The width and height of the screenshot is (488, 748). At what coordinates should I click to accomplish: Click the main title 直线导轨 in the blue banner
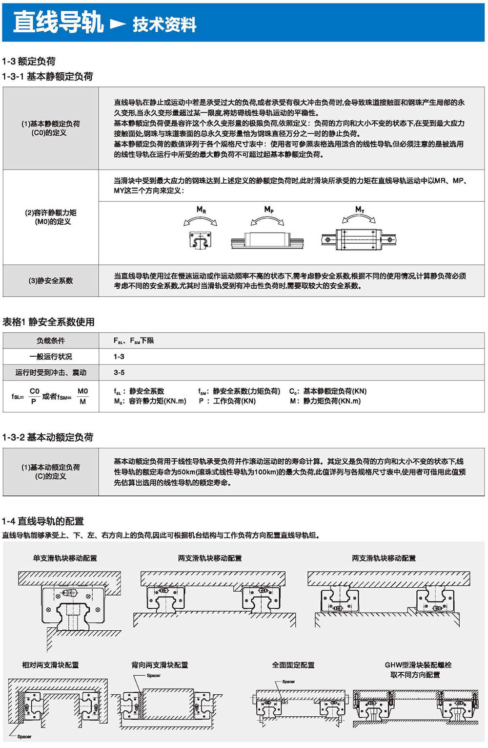pos(58,22)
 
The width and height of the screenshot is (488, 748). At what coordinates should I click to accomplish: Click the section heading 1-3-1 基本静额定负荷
pos(47,76)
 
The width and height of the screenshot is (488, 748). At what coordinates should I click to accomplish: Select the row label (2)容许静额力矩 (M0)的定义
pos(51,217)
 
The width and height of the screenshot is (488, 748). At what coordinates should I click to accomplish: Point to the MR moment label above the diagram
pos(201,210)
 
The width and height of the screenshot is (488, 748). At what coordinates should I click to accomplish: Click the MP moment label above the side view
pos(268,209)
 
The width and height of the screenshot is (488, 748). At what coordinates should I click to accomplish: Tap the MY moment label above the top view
pos(360,210)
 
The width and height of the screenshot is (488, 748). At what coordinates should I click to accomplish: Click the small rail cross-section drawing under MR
pos(201,239)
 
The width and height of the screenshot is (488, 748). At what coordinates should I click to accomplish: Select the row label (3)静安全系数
pos(51,280)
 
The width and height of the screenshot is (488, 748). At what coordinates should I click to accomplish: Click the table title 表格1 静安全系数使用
pos(48,321)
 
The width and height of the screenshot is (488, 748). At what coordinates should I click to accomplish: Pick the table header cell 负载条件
pos(51,341)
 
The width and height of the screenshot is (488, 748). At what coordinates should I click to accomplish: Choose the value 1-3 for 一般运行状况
pos(119,357)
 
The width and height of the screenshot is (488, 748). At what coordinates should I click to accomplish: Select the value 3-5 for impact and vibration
pos(119,372)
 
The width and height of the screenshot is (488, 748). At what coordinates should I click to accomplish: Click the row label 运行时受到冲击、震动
pos(51,372)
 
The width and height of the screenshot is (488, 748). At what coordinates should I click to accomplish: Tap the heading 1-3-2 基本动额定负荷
pos(47,437)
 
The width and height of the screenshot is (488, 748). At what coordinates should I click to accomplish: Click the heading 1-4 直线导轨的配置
pos(43,521)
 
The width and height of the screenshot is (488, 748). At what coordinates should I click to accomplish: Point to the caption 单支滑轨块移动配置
pos(65,558)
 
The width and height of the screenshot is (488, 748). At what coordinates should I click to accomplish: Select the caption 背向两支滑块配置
pos(160,665)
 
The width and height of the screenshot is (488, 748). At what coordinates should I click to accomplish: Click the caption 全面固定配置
pos(293,665)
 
